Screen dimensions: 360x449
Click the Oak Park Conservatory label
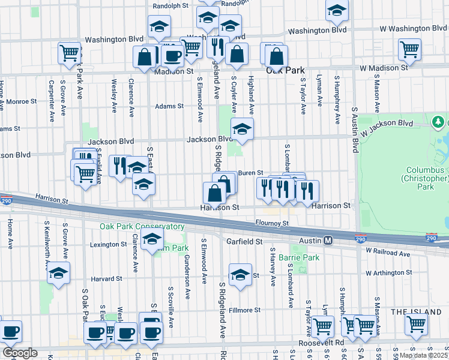[x=142, y=227]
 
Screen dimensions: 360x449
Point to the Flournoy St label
[x=274, y=223]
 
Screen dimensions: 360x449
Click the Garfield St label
[x=245, y=241]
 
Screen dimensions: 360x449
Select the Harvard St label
[x=106, y=279]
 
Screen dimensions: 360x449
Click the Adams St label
[x=169, y=106]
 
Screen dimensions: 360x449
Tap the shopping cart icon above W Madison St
[x=410, y=50]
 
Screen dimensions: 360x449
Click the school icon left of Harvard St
[x=59, y=273]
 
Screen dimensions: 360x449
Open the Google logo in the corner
[x=20, y=353]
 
